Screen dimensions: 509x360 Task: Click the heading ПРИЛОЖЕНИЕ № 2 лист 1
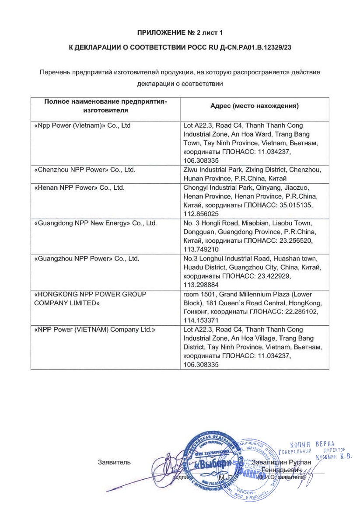click(180, 33)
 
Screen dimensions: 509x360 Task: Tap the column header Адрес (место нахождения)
click(254, 106)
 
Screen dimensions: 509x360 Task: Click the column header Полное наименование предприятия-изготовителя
click(105, 106)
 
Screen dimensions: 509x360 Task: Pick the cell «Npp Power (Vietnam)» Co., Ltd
click(82, 126)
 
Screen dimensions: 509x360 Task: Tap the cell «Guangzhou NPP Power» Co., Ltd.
click(87, 258)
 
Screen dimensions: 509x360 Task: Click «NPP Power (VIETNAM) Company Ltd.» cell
click(95, 329)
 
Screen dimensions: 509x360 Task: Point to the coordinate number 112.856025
click(201, 214)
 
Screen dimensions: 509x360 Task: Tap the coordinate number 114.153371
click(201, 321)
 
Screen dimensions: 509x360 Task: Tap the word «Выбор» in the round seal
click(213, 463)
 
